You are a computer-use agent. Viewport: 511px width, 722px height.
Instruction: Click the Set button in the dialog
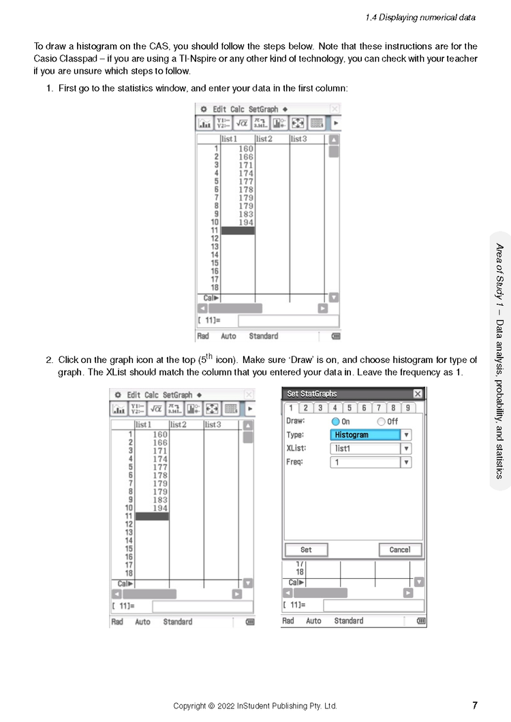pyautogui.click(x=306, y=550)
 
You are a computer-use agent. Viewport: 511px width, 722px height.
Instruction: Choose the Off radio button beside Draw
pyautogui.click(x=381, y=422)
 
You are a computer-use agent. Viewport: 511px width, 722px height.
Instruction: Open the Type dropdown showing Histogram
pyautogui.click(x=406, y=435)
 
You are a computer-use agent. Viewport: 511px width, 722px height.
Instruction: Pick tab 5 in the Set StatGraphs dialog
pyautogui.click(x=349, y=408)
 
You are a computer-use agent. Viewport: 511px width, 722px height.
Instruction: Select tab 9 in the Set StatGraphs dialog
pyautogui.click(x=407, y=408)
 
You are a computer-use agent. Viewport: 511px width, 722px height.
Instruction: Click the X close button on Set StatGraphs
pyautogui.click(x=418, y=394)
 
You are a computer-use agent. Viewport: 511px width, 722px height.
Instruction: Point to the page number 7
pyautogui.click(x=474, y=706)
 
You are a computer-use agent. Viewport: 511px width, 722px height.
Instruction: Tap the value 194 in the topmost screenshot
pyautogui.click(x=245, y=222)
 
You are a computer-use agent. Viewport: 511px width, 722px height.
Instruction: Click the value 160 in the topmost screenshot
pyautogui.click(x=245, y=148)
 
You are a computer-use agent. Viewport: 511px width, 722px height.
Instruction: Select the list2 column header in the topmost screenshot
pyautogui.click(x=264, y=139)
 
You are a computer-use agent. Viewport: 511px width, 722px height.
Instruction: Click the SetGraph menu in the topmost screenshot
pyautogui.click(x=263, y=109)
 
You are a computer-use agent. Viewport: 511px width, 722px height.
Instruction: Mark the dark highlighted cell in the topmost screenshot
pyautogui.click(x=238, y=231)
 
